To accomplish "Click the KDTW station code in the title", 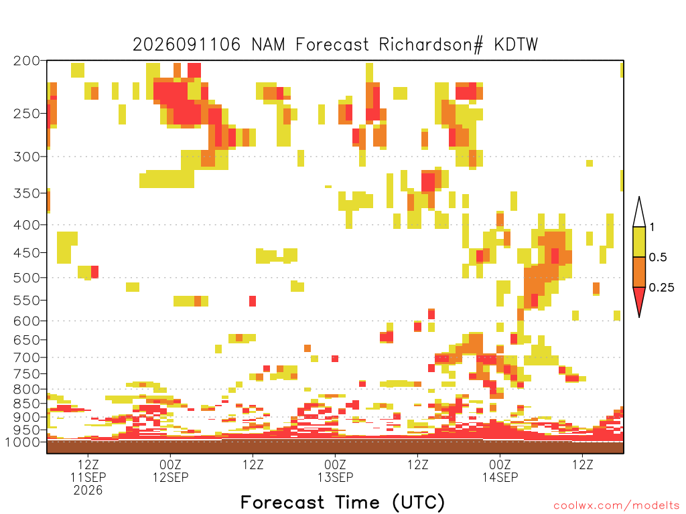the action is tap(516, 45).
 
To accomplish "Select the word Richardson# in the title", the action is tap(431, 45).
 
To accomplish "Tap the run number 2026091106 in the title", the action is tap(186, 45).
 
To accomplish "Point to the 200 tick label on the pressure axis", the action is tap(26, 61).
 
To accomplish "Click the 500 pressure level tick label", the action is tap(26, 278).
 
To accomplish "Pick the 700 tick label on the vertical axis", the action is tap(26, 357).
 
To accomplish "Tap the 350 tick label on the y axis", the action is tap(26, 193).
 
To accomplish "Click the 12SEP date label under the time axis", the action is tap(170, 477).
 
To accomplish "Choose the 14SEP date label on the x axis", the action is tap(500, 477).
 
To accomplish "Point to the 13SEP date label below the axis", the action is tap(335, 477).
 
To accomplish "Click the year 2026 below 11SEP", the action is tap(88, 491).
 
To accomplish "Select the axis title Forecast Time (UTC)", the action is tap(342, 503).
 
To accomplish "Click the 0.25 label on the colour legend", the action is tap(661, 288).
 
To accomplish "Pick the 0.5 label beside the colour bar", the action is tap(658, 257).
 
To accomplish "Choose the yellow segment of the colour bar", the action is tap(639, 242).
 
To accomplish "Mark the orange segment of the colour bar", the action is tap(639, 272).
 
